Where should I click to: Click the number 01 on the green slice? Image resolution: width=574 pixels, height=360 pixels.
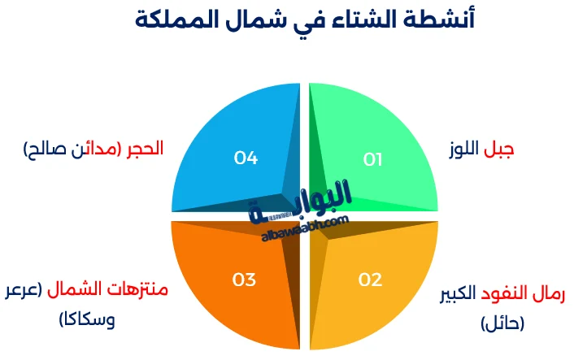point(372,160)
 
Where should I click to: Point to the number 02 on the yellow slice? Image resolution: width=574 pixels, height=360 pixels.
point(370,280)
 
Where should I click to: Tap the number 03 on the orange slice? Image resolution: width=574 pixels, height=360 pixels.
point(244,280)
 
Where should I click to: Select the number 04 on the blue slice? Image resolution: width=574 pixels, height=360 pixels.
point(246,158)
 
